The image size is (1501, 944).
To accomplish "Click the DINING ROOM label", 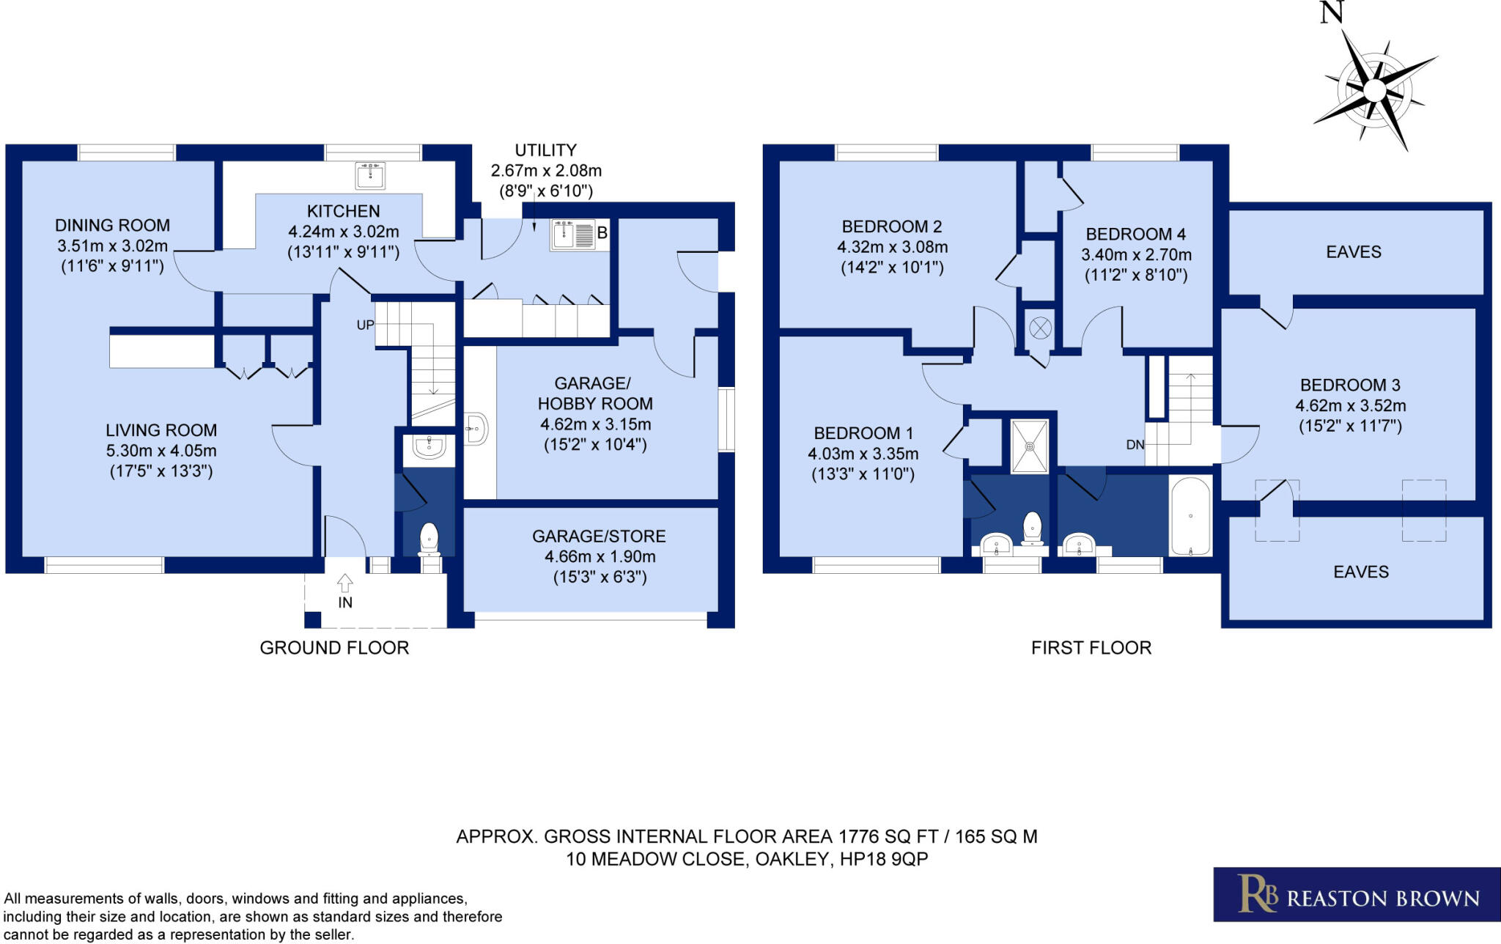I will tap(112, 225).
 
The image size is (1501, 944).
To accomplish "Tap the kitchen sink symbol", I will tap(370, 176).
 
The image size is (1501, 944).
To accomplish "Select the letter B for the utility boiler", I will tap(602, 234).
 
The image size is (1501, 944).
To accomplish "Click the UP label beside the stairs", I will tap(365, 325).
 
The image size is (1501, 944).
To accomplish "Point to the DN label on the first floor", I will tap(1135, 444).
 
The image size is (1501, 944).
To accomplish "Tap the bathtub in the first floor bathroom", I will tap(1190, 516).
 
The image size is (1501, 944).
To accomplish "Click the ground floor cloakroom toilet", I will tap(429, 539).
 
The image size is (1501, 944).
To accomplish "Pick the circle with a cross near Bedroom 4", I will tap(1040, 328).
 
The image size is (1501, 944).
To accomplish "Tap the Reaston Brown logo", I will tap(1357, 894).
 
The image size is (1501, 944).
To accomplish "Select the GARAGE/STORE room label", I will tap(599, 536).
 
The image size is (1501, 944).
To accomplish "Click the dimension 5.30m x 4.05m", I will tap(161, 451).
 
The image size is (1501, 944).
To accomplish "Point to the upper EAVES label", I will tap(1353, 252).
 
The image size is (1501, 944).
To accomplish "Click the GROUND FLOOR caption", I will tap(334, 648).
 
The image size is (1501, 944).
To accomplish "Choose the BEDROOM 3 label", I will tap(1350, 385).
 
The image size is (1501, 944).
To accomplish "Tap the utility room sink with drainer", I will tap(573, 235).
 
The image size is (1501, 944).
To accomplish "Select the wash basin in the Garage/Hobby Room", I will tap(476, 428).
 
